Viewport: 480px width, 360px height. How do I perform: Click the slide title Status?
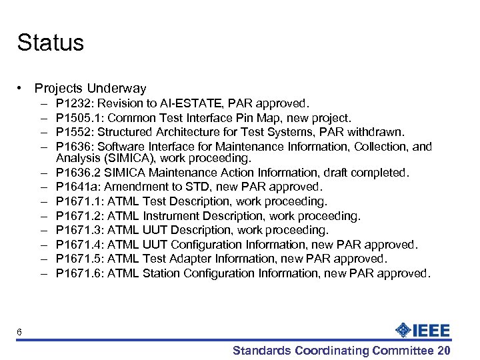click(51, 43)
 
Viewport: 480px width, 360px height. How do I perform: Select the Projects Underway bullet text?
click(90, 88)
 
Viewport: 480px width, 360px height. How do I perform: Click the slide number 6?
click(20, 333)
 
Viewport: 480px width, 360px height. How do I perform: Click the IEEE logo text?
click(432, 330)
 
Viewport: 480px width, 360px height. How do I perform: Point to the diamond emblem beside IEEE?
click(403, 330)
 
